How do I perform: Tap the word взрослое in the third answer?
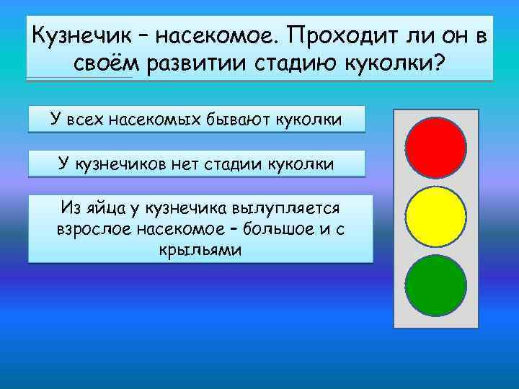[86, 229]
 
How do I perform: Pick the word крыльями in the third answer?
[200, 249]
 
